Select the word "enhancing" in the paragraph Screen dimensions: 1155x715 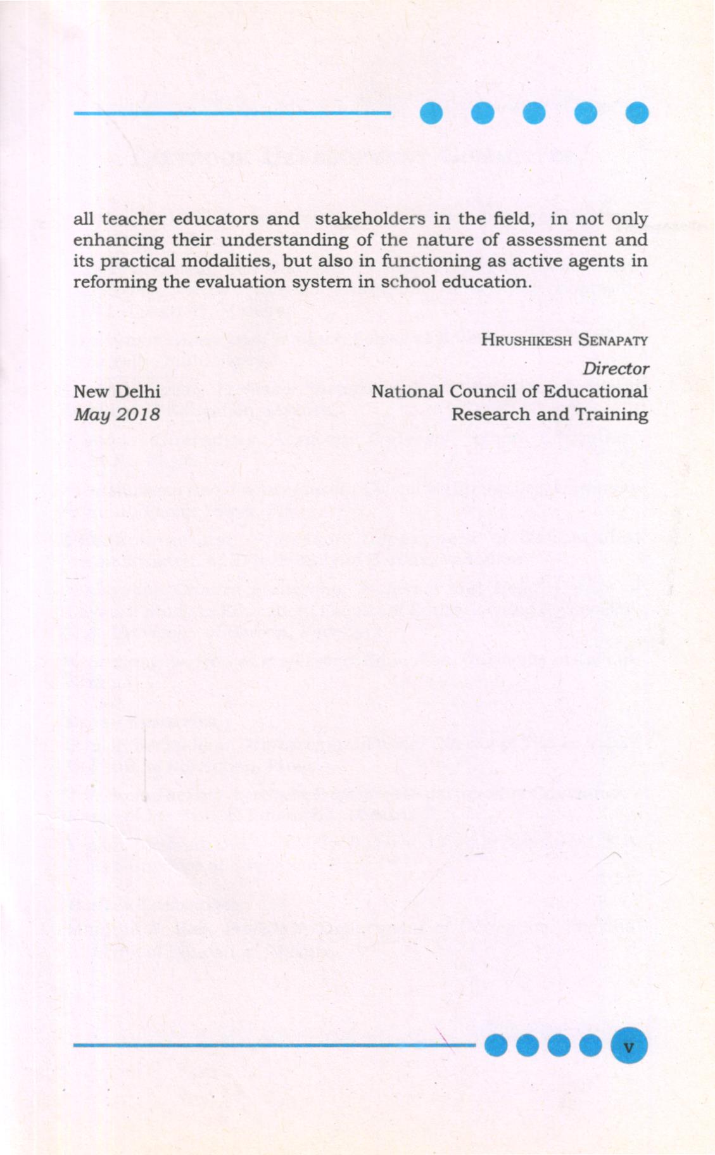tap(116, 241)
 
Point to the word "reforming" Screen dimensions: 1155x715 tap(115, 282)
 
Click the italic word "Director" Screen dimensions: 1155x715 tap(616, 369)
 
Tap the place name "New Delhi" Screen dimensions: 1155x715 tap(117, 391)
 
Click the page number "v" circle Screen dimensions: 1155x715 tap(628, 1046)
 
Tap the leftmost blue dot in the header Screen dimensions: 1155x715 tap(431, 113)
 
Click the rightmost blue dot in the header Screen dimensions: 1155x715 tap(636, 113)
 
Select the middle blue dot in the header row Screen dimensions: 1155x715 tap(534, 113)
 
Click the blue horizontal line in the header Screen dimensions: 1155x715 tap(232, 113)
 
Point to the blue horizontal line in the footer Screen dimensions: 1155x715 tap(272, 1045)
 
